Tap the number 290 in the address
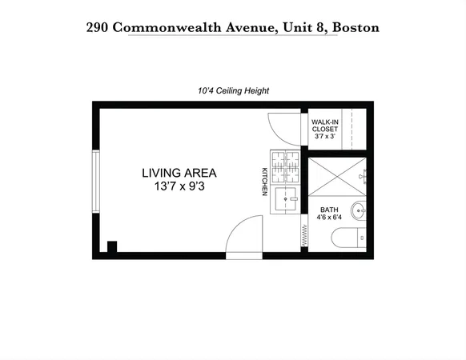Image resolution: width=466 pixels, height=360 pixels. coord(98,27)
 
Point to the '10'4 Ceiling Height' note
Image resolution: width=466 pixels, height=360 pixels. coord(232,91)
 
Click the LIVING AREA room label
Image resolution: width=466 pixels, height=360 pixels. coord(179,172)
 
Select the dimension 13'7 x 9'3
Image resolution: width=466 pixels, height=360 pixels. coord(179,186)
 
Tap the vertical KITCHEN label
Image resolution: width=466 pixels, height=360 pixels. coord(263,181)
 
